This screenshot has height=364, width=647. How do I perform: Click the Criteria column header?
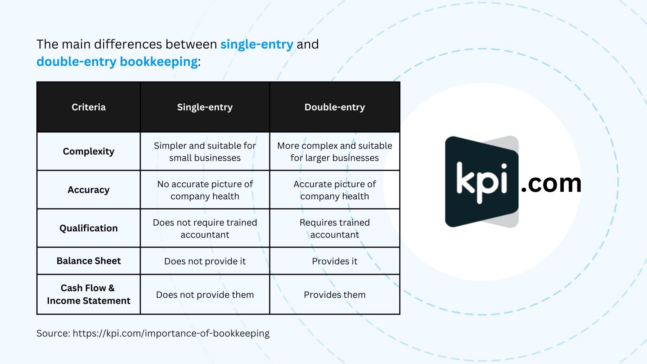click(x=88, y=107)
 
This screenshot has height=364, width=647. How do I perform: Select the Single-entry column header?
click(x=205, y=107)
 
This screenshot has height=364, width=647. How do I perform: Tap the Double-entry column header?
click(x=335, y=107)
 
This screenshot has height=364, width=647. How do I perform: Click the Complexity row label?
click(x=88, y=151)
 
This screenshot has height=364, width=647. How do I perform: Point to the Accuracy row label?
click(x=88, y=190)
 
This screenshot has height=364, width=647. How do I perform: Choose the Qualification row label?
click(x=88, y=228)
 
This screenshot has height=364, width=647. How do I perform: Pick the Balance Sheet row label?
click(x=88, y=261)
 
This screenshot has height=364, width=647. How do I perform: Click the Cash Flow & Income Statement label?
click(x=88, y=294)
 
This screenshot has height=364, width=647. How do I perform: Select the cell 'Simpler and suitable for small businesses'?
click(x=205, y=152)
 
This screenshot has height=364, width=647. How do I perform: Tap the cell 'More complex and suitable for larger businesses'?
click(x=335, y=152)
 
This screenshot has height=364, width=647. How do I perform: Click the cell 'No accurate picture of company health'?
click(x=205, y=190)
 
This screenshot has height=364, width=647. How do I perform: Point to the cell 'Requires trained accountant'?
click(x=335, y=228)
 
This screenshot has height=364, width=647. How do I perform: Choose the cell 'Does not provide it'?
click(x=205, y=261)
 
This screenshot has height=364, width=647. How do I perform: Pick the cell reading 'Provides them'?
click(x=335, y=295)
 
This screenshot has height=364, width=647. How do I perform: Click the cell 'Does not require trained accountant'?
click(x=205, y=228)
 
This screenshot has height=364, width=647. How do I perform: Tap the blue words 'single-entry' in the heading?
click(x=257, y=45)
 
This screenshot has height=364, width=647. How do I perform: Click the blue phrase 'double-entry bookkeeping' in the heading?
click(x=117, y=62)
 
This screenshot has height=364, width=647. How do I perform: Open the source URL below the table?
click(x=171, y=333)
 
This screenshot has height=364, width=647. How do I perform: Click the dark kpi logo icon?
click(x=481, y=182)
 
